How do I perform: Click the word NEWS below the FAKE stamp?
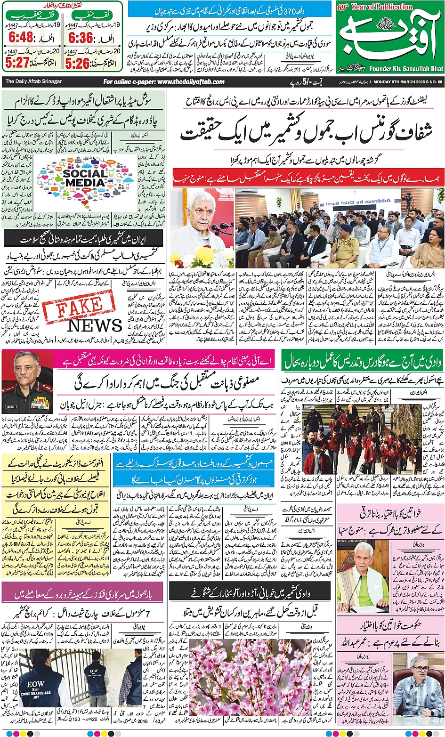click(x=95, y=325)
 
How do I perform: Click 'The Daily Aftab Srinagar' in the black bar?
click(x=33, y=81)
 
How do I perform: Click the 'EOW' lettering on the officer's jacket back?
click(x=36, y=684)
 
